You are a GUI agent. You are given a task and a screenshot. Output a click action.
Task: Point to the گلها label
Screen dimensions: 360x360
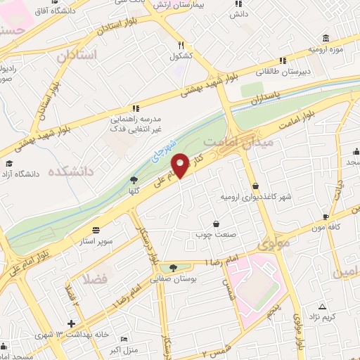(x=132, y=191)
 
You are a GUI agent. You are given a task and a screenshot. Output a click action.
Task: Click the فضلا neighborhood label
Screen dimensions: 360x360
(x=95, y=278)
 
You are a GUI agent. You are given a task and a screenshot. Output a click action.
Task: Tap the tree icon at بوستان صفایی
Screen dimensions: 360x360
(x=174, y=268)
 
